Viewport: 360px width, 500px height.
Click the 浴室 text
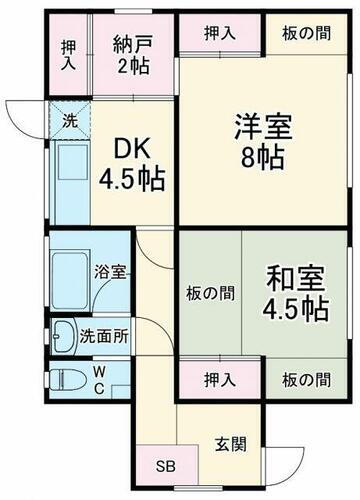point(108,271)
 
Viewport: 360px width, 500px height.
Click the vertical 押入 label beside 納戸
point(68,55)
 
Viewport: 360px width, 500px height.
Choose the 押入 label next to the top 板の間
point(222,33)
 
